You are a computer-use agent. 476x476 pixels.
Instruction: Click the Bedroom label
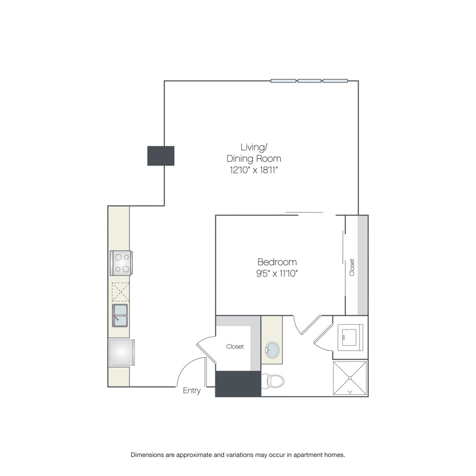pos(277,262)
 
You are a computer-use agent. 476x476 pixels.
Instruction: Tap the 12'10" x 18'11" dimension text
pos(254,170)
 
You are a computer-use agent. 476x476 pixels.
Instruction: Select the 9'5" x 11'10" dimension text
pos(277,273)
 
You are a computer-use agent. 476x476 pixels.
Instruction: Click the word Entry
pos(191,391)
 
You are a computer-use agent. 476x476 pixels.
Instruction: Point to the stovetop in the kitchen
pos(121,263)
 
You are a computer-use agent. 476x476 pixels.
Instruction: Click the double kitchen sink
pos(120,315)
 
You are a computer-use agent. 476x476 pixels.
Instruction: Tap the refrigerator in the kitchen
pos(122,352)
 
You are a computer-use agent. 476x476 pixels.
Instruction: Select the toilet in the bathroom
pos(272,381)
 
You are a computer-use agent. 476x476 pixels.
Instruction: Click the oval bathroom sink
pos(272,350)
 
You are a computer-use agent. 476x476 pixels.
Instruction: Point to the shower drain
pos(350,378)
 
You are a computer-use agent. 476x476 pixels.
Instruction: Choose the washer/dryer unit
pos(350,337)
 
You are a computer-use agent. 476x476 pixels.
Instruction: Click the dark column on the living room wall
pos(161,155)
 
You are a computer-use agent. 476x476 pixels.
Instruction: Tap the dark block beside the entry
pos(239,384)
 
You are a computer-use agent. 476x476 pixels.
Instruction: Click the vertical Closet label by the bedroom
pos(352,268)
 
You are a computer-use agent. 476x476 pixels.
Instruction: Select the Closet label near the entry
pos(235,346)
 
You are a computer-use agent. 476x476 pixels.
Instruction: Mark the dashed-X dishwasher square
pos(120,292)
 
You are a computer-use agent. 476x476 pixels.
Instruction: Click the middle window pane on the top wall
pos(309,81)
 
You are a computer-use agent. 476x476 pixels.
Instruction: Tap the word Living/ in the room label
pos(254,147)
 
